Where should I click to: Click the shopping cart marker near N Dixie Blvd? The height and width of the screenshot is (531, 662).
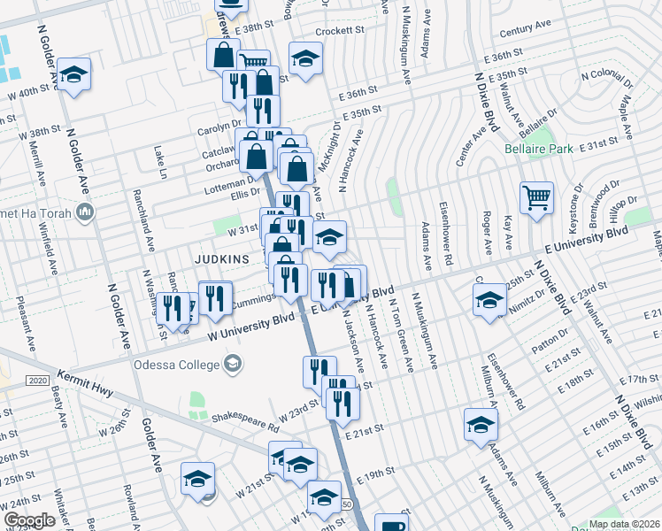click(536, 197)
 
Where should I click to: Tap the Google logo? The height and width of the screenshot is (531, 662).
click(30, 520)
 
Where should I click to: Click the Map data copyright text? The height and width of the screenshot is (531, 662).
click(624, 524)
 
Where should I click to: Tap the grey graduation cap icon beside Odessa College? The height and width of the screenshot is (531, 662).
click(234, 363)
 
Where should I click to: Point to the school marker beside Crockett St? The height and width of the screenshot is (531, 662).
click(305, 58)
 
